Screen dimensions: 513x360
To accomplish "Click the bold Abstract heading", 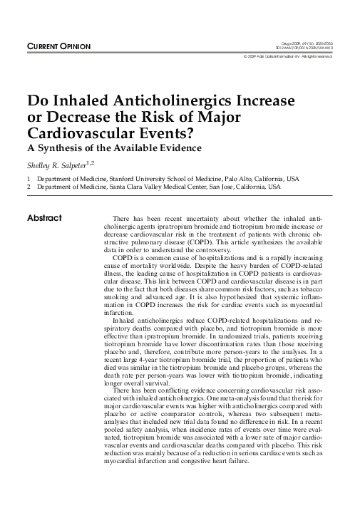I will [44, 217].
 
